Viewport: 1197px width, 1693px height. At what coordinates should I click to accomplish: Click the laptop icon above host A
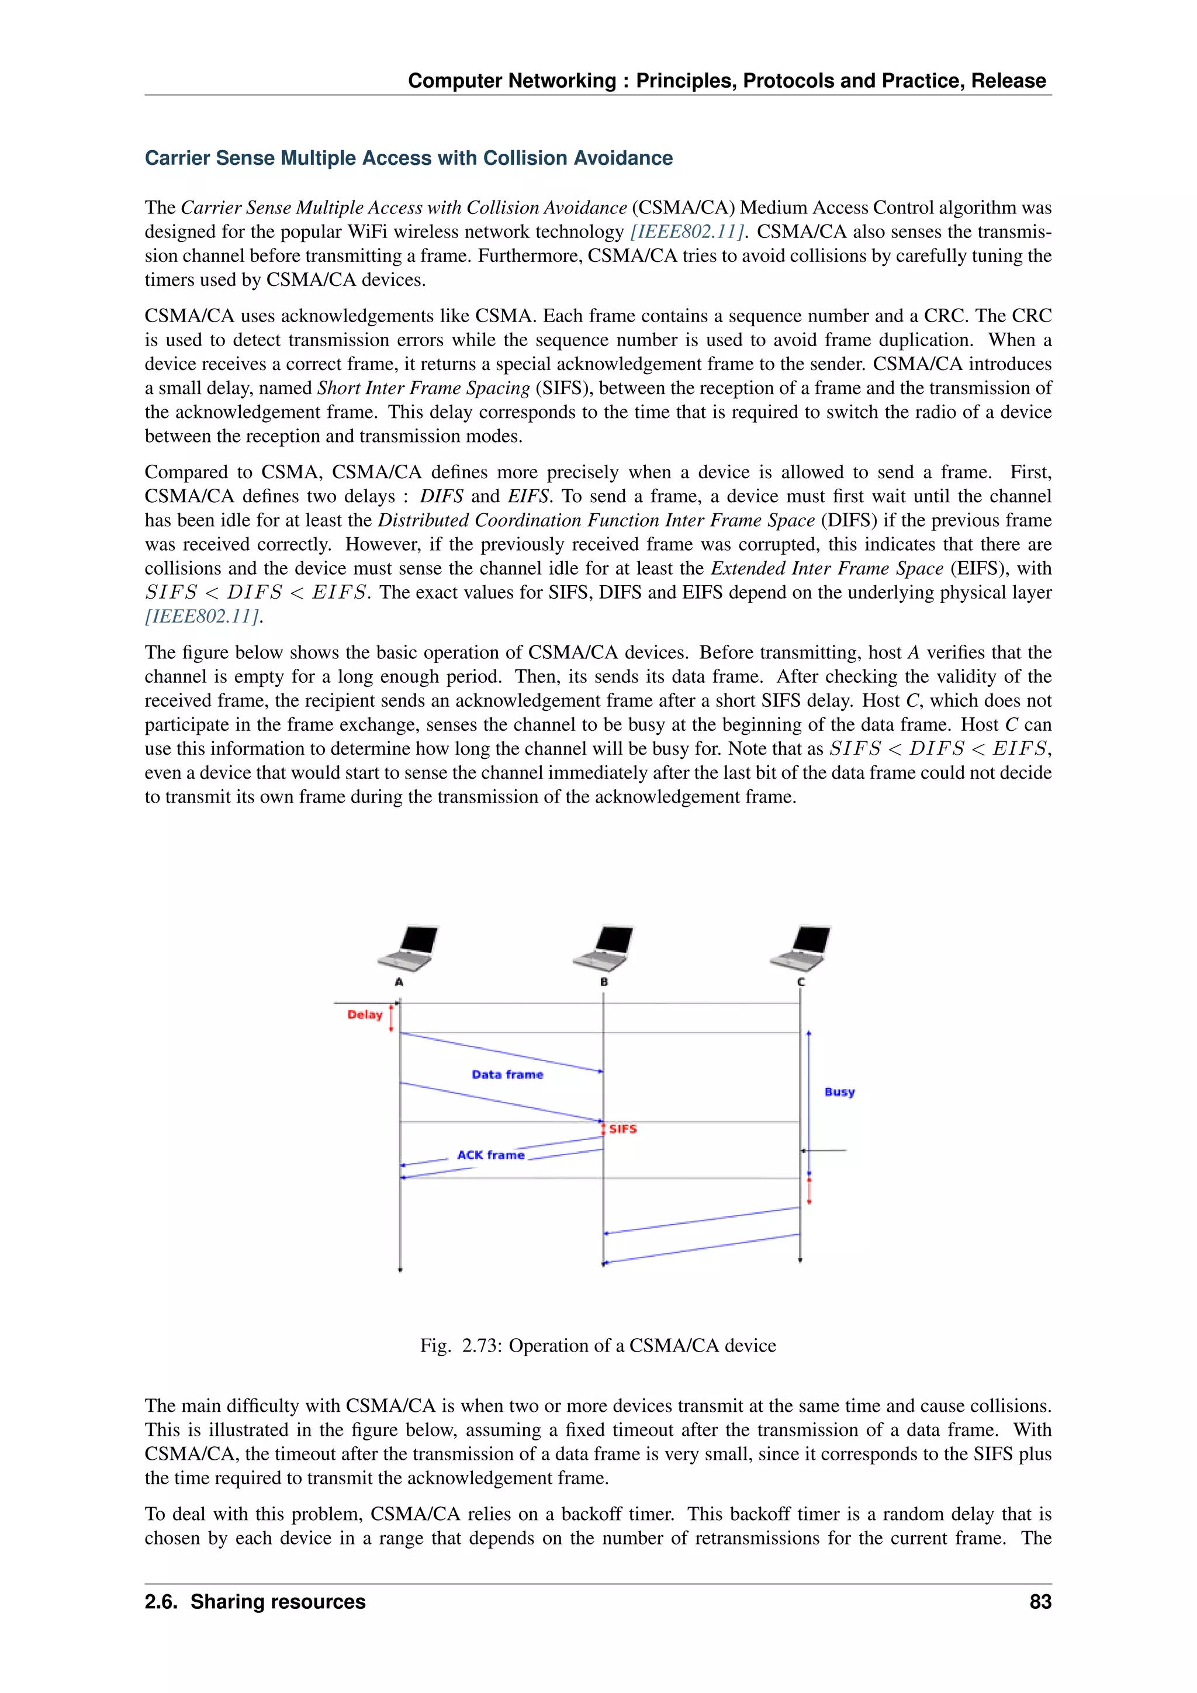[407, 948]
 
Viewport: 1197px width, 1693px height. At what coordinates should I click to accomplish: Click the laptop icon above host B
[603, 948]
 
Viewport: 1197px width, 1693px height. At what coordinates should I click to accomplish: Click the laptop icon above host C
[801, 948]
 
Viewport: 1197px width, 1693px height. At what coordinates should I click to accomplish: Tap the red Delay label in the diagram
[365, 1015]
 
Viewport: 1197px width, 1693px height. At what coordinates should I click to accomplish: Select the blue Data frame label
[507, 1074]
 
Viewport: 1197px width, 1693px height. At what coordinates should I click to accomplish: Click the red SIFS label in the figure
[623, 1129]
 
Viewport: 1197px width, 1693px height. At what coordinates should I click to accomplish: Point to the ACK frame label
[490, 1155]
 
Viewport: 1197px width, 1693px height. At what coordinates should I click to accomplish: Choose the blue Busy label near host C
[839, 1092]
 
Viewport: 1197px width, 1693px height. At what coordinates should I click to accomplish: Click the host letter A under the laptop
[399, 982]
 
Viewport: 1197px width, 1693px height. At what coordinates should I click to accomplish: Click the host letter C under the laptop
[801, 982]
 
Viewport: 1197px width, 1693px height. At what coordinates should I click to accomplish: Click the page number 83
[1040, 1602]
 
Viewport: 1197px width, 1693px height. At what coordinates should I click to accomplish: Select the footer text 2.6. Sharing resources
[255, 1602]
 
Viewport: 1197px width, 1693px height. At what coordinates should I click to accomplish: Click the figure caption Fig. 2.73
[598, 1346]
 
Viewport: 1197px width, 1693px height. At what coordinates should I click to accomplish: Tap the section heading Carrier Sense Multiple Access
[409, 158]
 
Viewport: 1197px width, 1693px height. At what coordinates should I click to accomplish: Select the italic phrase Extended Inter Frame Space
[826, 568]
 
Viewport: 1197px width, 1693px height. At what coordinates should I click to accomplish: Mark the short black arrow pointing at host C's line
[824, 1150]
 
